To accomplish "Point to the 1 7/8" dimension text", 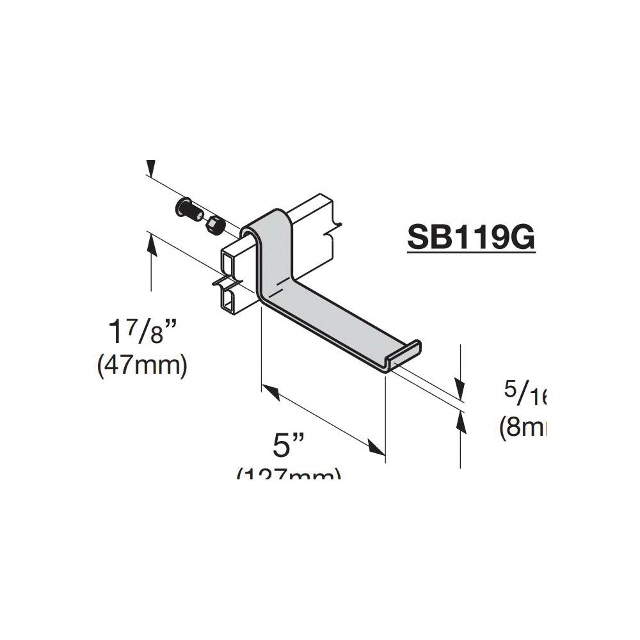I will tap(141, 333).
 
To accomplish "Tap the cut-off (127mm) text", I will tap(289, 474).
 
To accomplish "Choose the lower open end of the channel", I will tap(228, 298).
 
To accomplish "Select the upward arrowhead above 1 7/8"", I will tap(151, 241).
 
